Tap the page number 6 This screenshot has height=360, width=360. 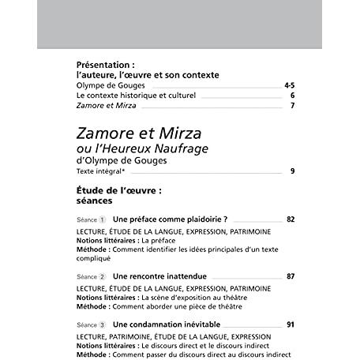[292, 95]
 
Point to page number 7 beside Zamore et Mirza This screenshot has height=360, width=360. [292, 105]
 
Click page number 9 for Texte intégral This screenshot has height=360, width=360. [292, 171]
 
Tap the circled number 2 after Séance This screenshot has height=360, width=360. [103, 277]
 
